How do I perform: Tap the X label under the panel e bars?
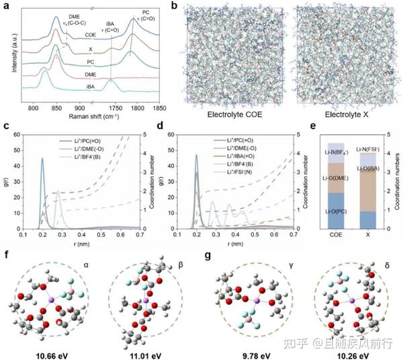coord(367,236)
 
